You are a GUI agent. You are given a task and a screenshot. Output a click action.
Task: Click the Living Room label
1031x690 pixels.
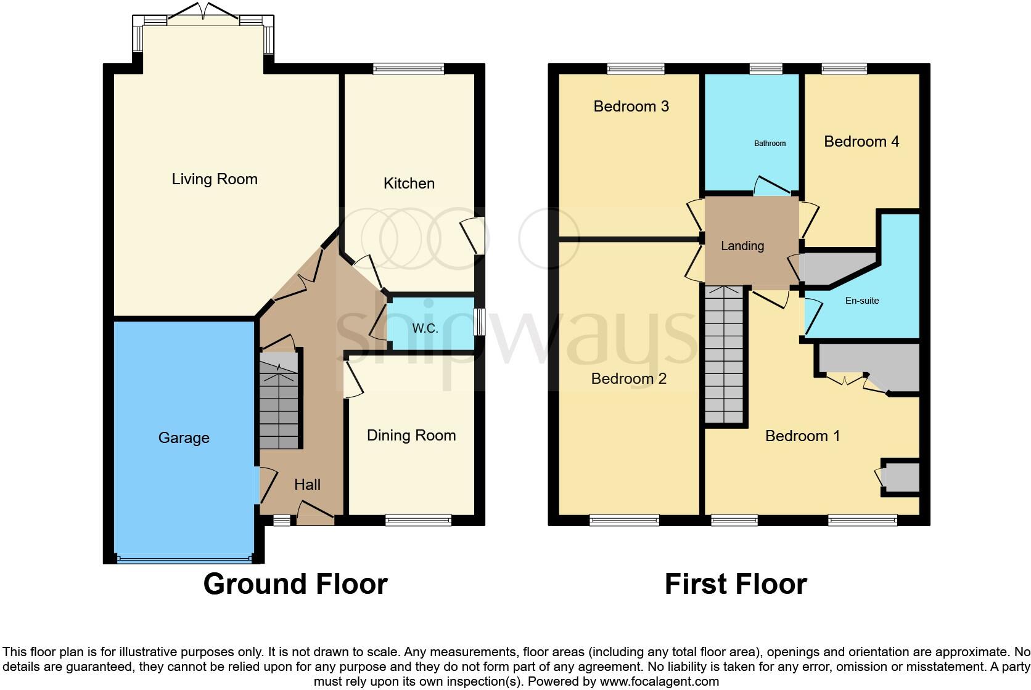click(x=215, y=179)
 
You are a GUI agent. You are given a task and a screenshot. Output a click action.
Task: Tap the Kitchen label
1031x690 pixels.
click(x=409, y=184)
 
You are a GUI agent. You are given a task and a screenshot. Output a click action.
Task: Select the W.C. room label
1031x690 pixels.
click(x=425, y=328)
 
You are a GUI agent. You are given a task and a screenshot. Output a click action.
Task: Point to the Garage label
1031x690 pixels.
click(x=184, y=438)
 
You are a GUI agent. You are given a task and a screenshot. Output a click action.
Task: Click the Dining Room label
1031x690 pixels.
click(x=411, y=436)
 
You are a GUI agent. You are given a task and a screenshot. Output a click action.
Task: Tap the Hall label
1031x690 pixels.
click(x=307, y=485)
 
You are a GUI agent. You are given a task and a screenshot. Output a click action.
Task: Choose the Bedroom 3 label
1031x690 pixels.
click(x=631, y=107)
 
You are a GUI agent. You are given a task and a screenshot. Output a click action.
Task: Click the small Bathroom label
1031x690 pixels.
click(x=770, y=144)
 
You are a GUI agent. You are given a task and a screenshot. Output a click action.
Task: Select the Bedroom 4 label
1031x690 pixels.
click(x=861, y=142)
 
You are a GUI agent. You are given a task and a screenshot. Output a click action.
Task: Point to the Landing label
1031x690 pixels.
click(x=742, y=246)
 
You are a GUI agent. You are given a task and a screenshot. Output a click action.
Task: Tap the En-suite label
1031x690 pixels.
click(x=861, y=301)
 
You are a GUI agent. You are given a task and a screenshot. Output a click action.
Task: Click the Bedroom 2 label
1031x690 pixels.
click(x=628, y=379)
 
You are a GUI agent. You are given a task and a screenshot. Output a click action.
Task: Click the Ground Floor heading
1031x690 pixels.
click(x=295, y=584)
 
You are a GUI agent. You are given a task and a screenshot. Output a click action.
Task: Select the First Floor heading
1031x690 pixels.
click(x=736, y=584)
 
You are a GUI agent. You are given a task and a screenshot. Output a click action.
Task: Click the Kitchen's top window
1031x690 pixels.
click(x=408, y=69)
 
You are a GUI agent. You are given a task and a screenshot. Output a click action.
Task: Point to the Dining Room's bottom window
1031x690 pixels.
click(x=418, y=521)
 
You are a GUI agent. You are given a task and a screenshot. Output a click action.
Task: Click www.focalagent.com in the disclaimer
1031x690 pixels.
click(x=659, y=681)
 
